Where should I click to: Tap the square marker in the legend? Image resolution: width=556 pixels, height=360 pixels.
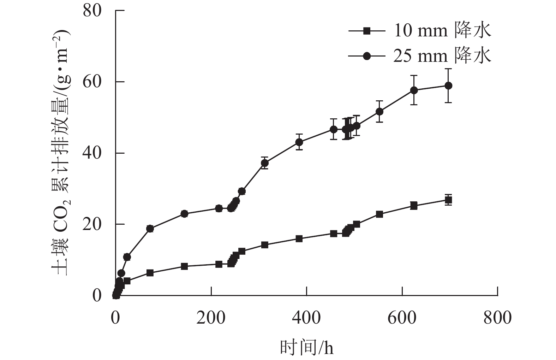(x=367, y=31)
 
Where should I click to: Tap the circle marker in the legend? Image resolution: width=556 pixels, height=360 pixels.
(x=367, y=56)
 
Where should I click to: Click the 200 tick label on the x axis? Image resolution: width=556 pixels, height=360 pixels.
(x=211, y=318)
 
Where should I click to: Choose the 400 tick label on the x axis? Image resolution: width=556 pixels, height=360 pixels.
(x=306, y=318)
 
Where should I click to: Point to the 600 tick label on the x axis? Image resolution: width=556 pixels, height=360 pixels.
(x=402, y=318)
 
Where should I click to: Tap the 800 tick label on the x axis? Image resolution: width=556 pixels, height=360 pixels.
(x=497, y=318)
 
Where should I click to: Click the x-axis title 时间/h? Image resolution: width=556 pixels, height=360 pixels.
(x=306, y=348)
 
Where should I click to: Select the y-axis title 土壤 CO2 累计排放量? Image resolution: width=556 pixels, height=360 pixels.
(x=62, y=152)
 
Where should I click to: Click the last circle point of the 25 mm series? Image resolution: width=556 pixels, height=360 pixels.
(x=448, y=85)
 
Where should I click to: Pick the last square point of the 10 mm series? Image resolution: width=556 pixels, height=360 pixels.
(x=448, y=200)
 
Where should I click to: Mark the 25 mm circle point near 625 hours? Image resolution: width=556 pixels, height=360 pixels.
(x=414, y=90)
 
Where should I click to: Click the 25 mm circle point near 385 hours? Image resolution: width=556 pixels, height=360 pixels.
(x=299, y=142)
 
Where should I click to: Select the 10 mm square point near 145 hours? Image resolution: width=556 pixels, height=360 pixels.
(x=184, y=266)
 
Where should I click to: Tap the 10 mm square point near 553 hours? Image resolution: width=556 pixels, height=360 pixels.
(x=379, y=214)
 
